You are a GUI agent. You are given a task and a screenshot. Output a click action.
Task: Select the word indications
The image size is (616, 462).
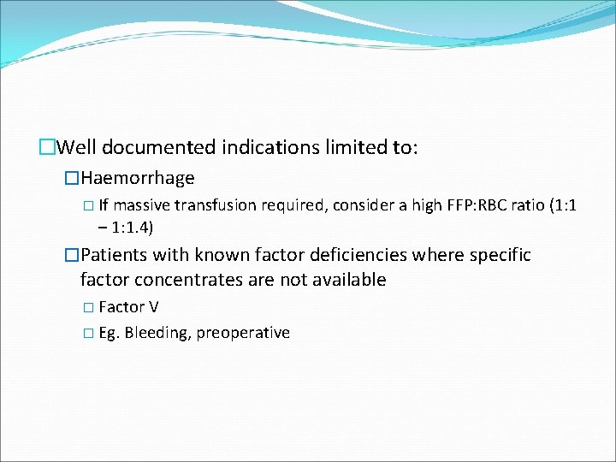pyautogui.click(x=270, y=147)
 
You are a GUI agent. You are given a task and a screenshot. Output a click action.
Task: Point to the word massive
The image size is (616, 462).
pyautogui.click(x=142, y=205)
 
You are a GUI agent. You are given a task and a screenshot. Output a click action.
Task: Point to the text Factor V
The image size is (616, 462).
pyautogui.click(x=128, y=307)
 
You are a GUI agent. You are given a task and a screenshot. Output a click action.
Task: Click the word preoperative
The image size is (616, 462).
pyautogui.click(x=243, y=333)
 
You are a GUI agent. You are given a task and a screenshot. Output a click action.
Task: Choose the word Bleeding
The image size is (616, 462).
pyautogui.click(x=157, y=333)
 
